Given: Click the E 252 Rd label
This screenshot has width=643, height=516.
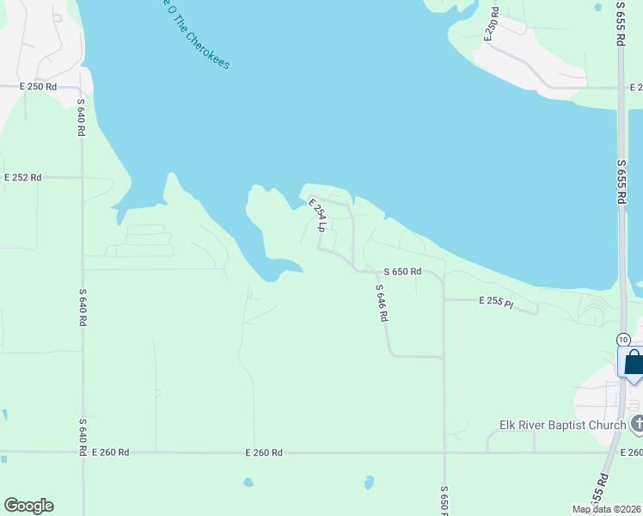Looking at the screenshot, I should pos(22,177).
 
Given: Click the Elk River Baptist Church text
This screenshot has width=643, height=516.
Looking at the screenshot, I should pos(562,425).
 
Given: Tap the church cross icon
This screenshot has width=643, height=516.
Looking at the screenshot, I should pos(636,424).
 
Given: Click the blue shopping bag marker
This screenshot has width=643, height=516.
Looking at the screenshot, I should pos(633,362).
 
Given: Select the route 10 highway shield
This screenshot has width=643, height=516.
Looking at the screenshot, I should pos(623,340).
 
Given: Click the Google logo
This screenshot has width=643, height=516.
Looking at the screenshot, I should pos(28,506).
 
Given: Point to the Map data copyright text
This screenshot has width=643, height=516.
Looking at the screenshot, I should pos(606,508).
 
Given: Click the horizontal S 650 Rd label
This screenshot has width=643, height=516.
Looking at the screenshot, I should pos(402,272).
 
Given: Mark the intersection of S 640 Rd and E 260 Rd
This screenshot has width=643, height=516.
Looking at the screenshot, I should pos(83,451).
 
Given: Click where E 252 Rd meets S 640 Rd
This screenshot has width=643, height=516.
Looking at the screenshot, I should pos(83,177).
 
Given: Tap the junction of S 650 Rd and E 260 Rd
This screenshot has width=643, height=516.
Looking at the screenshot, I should pos(444,451).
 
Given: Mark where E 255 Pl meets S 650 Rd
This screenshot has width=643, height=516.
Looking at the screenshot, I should pos(444,300).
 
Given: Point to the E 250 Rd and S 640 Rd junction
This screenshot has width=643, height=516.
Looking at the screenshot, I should pos(81,88).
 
